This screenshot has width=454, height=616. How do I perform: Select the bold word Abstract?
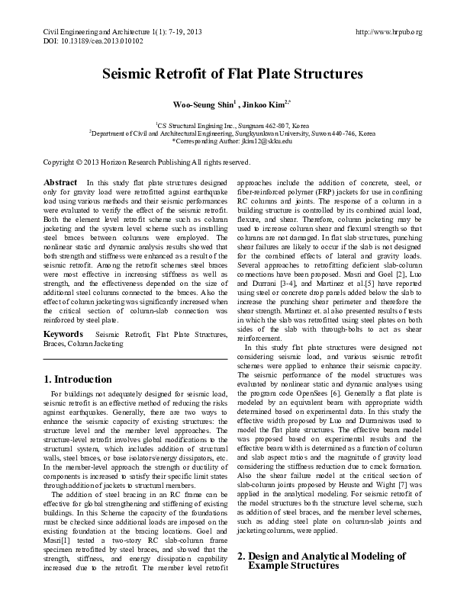tap(60, 184)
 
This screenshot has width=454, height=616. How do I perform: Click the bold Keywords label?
tap(64, 334)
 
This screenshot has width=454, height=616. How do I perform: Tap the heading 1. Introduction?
tap(78, 380)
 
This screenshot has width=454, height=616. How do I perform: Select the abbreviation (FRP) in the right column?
tap(339, 192)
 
